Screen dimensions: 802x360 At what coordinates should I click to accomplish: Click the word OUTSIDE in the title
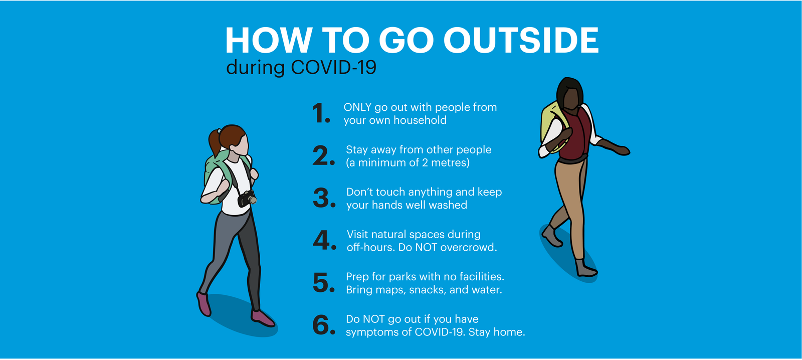521,40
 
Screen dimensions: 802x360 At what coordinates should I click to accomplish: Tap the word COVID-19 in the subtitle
334,67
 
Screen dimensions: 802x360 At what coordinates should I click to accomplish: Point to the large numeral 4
324,240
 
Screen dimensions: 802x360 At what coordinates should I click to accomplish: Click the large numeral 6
324,325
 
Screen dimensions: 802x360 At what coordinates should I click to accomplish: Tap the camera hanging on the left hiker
247,199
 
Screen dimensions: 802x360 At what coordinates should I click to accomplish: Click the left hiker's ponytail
215,141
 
